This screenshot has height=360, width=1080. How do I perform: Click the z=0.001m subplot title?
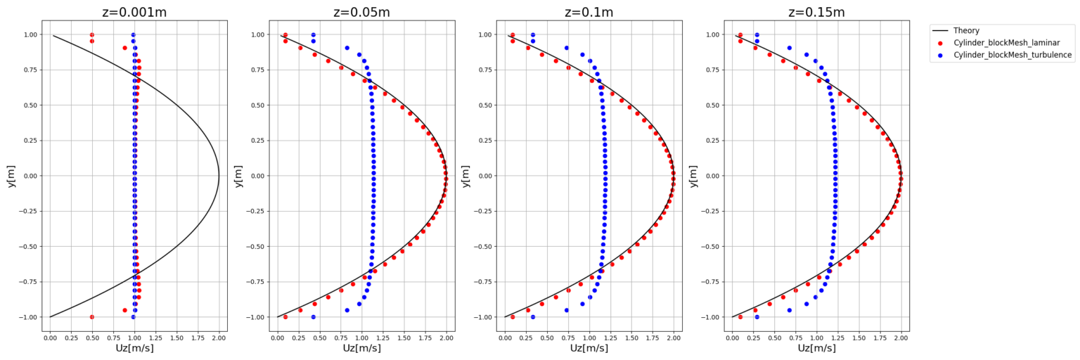[x=134, y=13]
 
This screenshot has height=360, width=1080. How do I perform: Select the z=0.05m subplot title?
[x=361, y=13]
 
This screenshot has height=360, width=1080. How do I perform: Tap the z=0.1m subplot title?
[x=589, y=13]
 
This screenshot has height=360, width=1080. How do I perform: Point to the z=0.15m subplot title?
[x=816, y=13]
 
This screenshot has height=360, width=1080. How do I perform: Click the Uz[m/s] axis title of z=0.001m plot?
[x=134, y=349]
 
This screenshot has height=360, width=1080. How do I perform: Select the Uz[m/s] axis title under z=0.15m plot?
[x=816, y=349]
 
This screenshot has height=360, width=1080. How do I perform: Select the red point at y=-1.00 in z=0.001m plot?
[x=92, y=317]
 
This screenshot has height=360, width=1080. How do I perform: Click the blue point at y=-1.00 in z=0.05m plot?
[x=313, y=317]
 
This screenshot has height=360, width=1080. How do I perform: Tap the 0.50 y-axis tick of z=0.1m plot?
[x=484, y=105]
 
